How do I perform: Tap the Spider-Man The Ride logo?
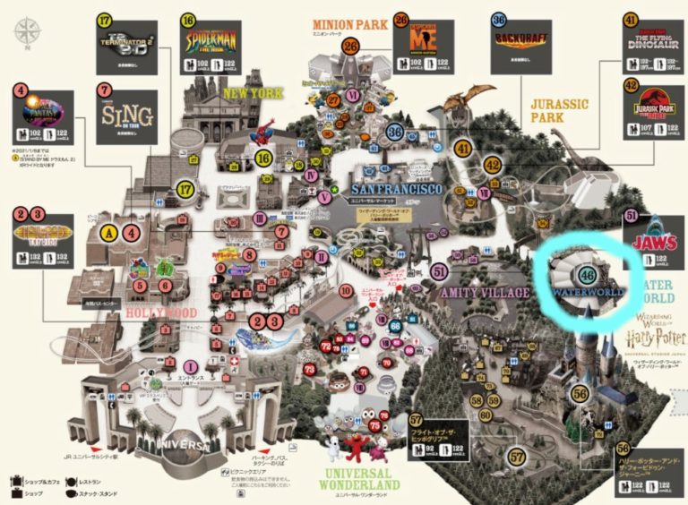212,39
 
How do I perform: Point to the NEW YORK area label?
254,93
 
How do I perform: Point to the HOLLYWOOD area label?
161,312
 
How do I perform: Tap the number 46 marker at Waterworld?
588,275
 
